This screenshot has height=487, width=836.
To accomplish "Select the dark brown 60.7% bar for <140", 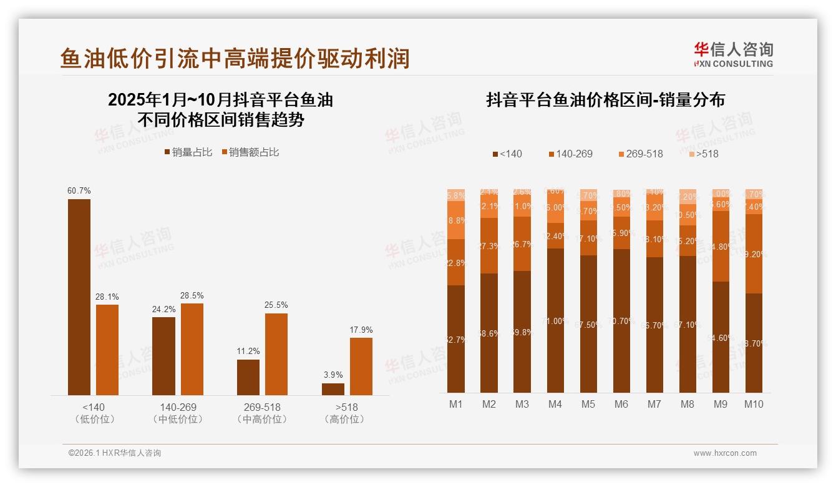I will click(x=79, y=297).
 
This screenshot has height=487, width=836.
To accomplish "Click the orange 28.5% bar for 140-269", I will click(x=192, y=348).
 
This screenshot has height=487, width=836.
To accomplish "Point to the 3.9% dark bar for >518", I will click(x=333, y=388).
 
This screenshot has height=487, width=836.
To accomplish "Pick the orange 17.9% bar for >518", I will click(x=361, y=366).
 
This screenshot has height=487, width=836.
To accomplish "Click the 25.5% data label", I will click(x=276, y=305).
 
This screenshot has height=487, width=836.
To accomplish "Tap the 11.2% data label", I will click(x=248, y=352).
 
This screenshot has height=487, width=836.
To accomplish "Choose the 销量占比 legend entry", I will click(x=188, y=152).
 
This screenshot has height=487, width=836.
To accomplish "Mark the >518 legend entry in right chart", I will click(x=703, y=154).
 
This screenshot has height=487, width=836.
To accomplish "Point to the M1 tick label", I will click(x=456, y=404).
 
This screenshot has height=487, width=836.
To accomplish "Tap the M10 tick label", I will click(x=754, y=404).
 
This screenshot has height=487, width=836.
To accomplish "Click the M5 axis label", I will click(x=588, y=404).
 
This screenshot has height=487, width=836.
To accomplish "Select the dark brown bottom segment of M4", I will click(x=555, y=320).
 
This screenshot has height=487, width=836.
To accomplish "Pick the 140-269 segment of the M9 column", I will click(x=721, y=246).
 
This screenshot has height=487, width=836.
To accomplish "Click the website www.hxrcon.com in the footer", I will click(x=725, y=453).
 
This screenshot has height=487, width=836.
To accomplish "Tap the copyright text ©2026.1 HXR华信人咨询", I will click(x=115, y=453).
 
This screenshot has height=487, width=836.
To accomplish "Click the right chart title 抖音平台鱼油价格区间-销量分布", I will click(x=605, y=101).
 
